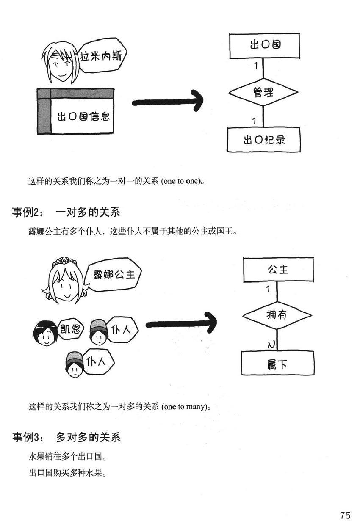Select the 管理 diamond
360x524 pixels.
click(x=263, y=91)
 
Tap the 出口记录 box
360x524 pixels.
click(x=263, y=139)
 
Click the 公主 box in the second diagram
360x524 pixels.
click(x=278, y=269)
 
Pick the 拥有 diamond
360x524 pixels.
click(x=277, y=315)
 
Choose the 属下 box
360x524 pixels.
click(x=277, y=364)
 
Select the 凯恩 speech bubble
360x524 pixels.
click(x=70, y=329)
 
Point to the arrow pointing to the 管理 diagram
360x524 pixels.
click(x=167, y=102)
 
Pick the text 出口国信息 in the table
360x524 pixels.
click(x=83, y=116)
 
